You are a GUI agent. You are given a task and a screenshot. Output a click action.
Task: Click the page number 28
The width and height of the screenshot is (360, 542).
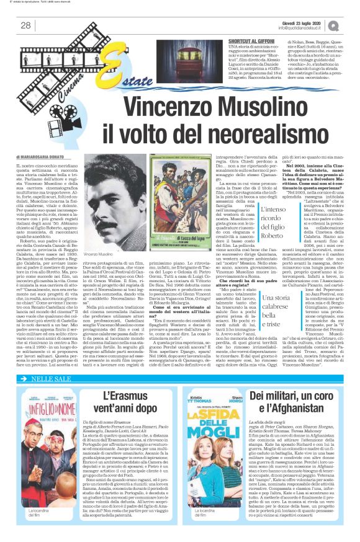[x=25, y=25]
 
